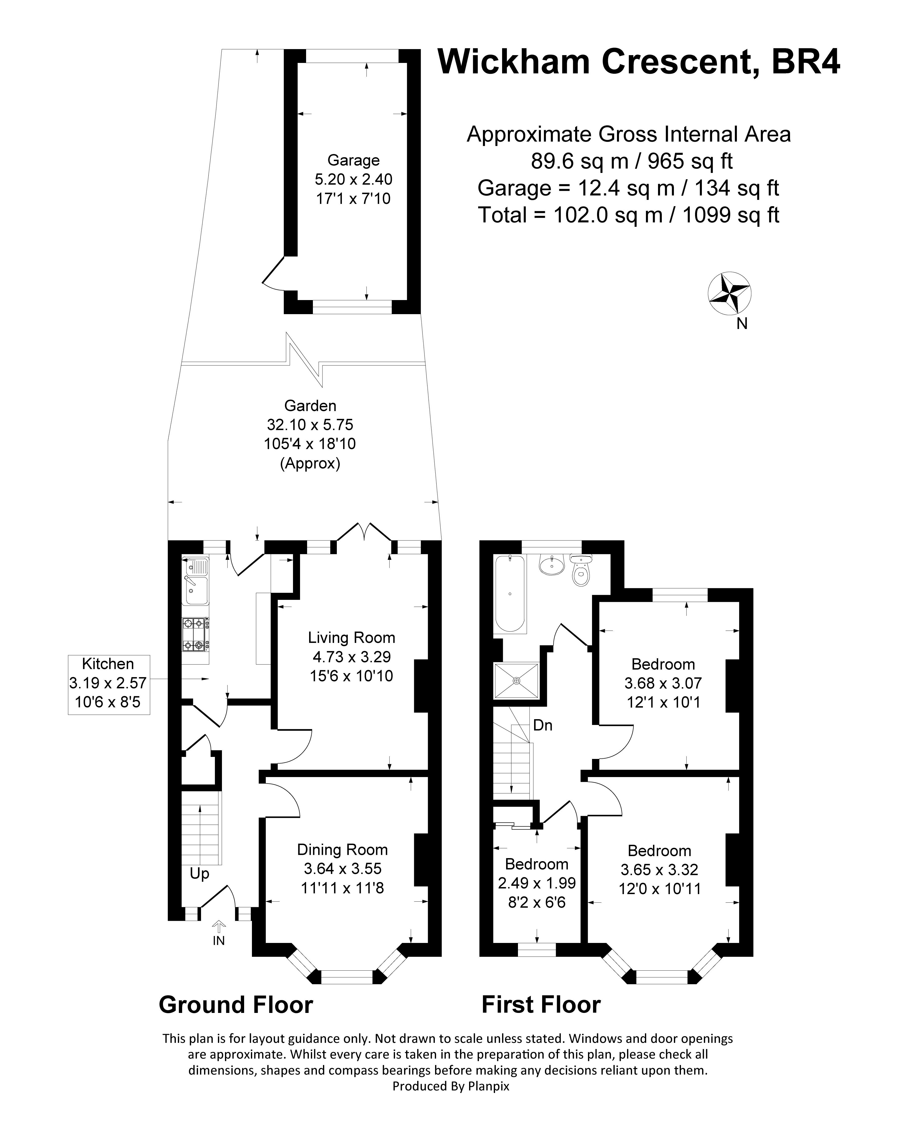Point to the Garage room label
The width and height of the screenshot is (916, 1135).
point(353,160)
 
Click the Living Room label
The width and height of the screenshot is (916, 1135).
point(351,638)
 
